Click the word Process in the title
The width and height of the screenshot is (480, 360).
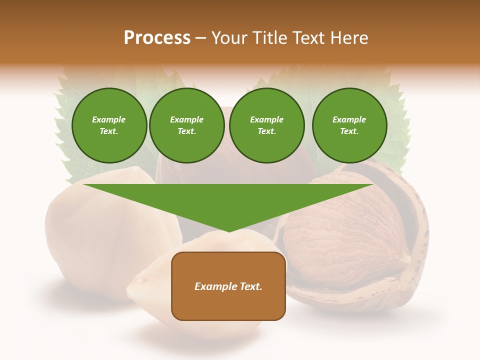tap(157, 38)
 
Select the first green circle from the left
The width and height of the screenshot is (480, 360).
tap(109, 125)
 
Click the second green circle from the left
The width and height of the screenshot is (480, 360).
tap(186, 125)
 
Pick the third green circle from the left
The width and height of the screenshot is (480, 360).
tap(266, 125)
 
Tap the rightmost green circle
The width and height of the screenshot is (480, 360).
tap(349, 125)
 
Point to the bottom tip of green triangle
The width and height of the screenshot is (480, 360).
tap(228, 231)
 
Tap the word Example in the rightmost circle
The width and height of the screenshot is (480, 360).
tap(349, 119)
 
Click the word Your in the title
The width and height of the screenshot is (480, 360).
tap(227, 38)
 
